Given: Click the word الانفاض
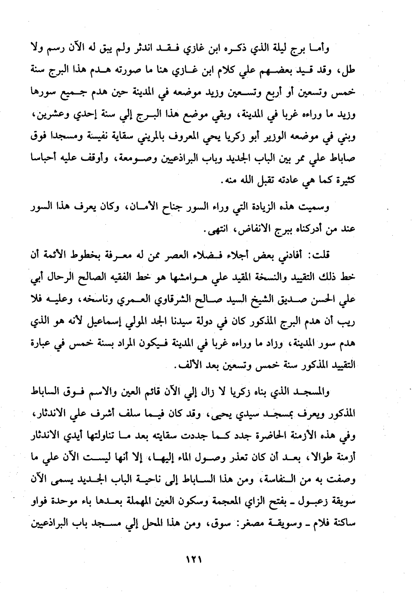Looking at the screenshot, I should (244, 230).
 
